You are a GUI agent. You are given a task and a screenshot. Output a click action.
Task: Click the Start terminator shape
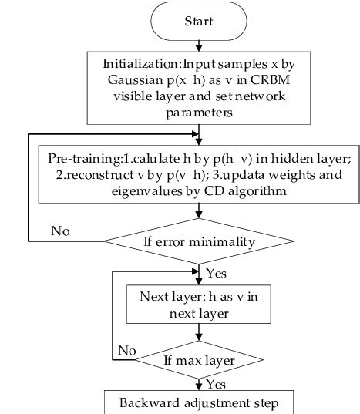pos(199,22)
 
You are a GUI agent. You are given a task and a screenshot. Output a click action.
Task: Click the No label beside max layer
pos(127,350)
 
